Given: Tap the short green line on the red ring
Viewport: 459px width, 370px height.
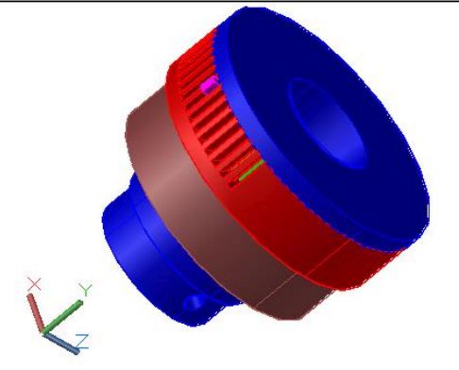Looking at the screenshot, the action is coord(251,170).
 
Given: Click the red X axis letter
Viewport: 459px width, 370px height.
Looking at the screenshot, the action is coord(34,284).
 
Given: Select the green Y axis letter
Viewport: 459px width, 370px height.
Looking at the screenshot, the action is coord(85,290).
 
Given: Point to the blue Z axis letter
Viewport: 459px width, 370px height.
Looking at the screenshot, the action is coord(82,342).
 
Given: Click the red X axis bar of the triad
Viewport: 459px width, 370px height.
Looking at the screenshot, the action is coord(35,313).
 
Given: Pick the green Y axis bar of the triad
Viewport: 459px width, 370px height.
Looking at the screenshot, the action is coord(62,316).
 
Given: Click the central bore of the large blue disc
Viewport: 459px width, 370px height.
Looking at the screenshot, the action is coord(329,124).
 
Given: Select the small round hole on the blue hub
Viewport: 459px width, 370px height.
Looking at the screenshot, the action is coord(194,304).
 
